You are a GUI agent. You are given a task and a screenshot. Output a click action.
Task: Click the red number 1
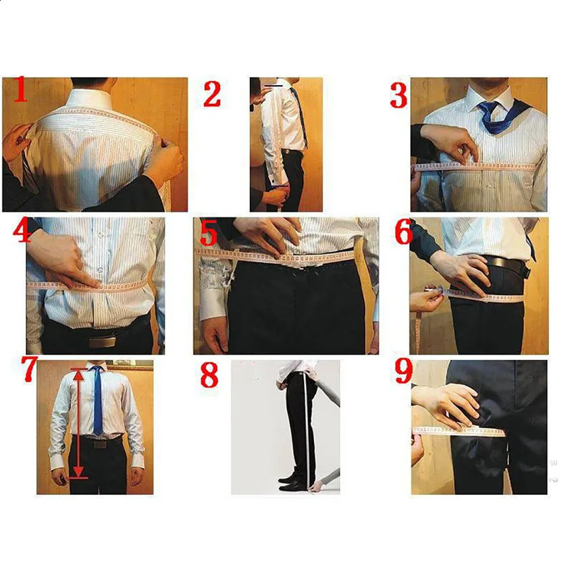20,90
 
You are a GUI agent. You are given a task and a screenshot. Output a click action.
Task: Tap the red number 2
212,94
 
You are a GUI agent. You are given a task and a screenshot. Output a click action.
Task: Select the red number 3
398,95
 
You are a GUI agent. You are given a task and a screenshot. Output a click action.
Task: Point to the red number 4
22,232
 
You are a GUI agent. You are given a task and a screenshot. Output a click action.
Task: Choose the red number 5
207,234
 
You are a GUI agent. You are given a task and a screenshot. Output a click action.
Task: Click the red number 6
403,232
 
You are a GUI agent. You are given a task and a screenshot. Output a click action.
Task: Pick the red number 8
209,375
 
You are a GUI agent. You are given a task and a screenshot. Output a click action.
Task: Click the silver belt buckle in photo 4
101,341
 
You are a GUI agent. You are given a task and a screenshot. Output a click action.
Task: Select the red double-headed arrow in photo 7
79,422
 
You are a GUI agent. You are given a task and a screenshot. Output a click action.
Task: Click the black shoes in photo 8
291,479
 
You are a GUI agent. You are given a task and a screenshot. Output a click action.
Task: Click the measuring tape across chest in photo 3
479,165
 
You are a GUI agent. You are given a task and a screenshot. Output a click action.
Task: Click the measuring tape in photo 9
459,431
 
